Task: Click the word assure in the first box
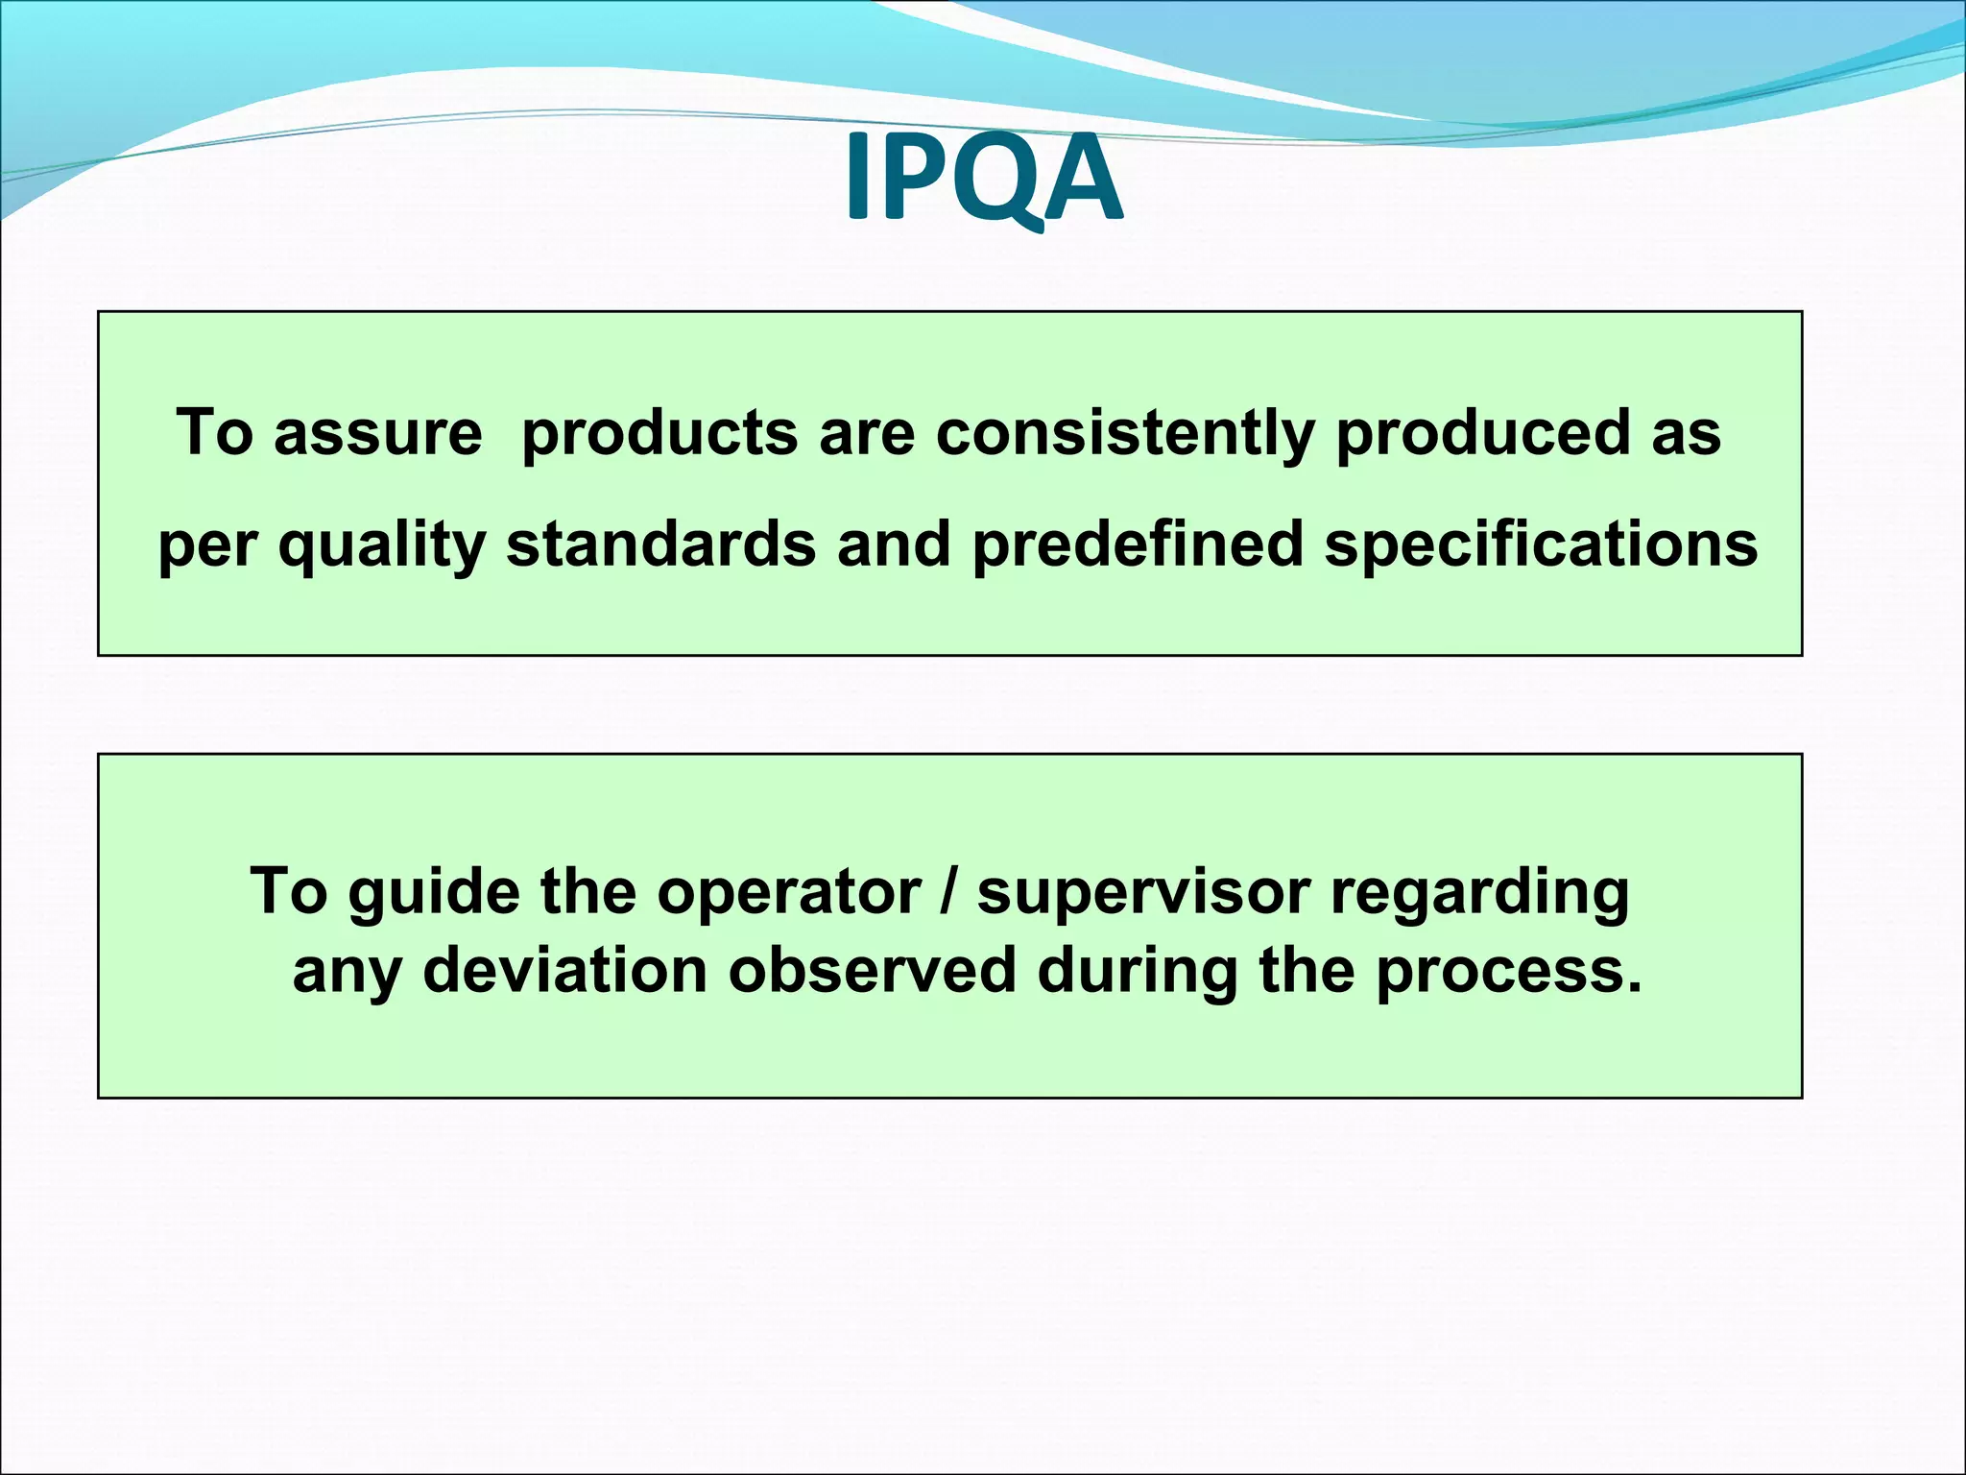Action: [377, 432]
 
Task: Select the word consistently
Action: [1124, 433]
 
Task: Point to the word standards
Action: [660, 544]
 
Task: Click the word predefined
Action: [1138, 544]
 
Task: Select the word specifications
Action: [1541, 544]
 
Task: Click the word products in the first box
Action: [659, 433]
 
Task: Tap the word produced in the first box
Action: [1482, 433]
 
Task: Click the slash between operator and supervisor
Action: [949, 892]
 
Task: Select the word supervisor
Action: [1143, 892]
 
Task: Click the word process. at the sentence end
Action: [1509, 971]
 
